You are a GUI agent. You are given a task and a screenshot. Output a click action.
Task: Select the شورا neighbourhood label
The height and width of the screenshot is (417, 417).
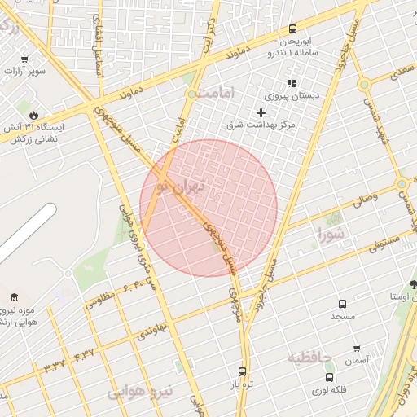[332, 236]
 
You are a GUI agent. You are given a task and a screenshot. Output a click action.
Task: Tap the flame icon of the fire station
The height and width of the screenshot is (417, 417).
[33, 115]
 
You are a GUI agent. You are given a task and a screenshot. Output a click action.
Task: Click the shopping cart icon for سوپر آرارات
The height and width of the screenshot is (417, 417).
[24, 59]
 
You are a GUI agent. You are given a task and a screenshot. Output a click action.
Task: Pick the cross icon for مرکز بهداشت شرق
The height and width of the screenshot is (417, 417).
[261, 112]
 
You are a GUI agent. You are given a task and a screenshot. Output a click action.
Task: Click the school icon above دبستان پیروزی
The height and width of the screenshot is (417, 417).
[291, 83]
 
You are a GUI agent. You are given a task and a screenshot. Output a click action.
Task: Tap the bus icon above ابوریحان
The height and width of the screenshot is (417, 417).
[292, 29]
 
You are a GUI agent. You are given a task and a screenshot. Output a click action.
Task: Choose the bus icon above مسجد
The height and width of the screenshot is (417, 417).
[343, 303]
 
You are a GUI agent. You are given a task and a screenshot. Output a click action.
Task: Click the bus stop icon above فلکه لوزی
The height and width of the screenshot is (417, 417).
[329, 377]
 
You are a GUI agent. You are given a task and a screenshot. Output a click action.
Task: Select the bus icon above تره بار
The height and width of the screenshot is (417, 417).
[241, 371]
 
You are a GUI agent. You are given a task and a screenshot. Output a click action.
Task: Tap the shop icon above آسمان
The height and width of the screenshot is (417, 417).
[356, 348]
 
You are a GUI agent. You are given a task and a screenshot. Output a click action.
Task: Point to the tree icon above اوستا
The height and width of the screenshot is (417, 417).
[414, 283]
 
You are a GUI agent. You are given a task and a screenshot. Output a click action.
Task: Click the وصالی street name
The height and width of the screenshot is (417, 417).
[364, 196]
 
